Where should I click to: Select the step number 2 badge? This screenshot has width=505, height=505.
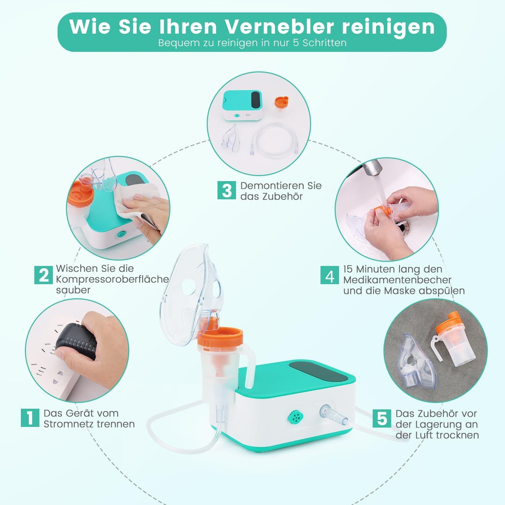[44, 275]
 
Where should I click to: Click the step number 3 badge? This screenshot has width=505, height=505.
[227, 190]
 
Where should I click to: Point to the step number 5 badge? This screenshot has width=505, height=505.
[382, 418]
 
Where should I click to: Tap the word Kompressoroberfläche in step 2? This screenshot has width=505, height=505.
[112, 279]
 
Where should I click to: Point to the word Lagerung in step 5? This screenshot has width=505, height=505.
[437, 424]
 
